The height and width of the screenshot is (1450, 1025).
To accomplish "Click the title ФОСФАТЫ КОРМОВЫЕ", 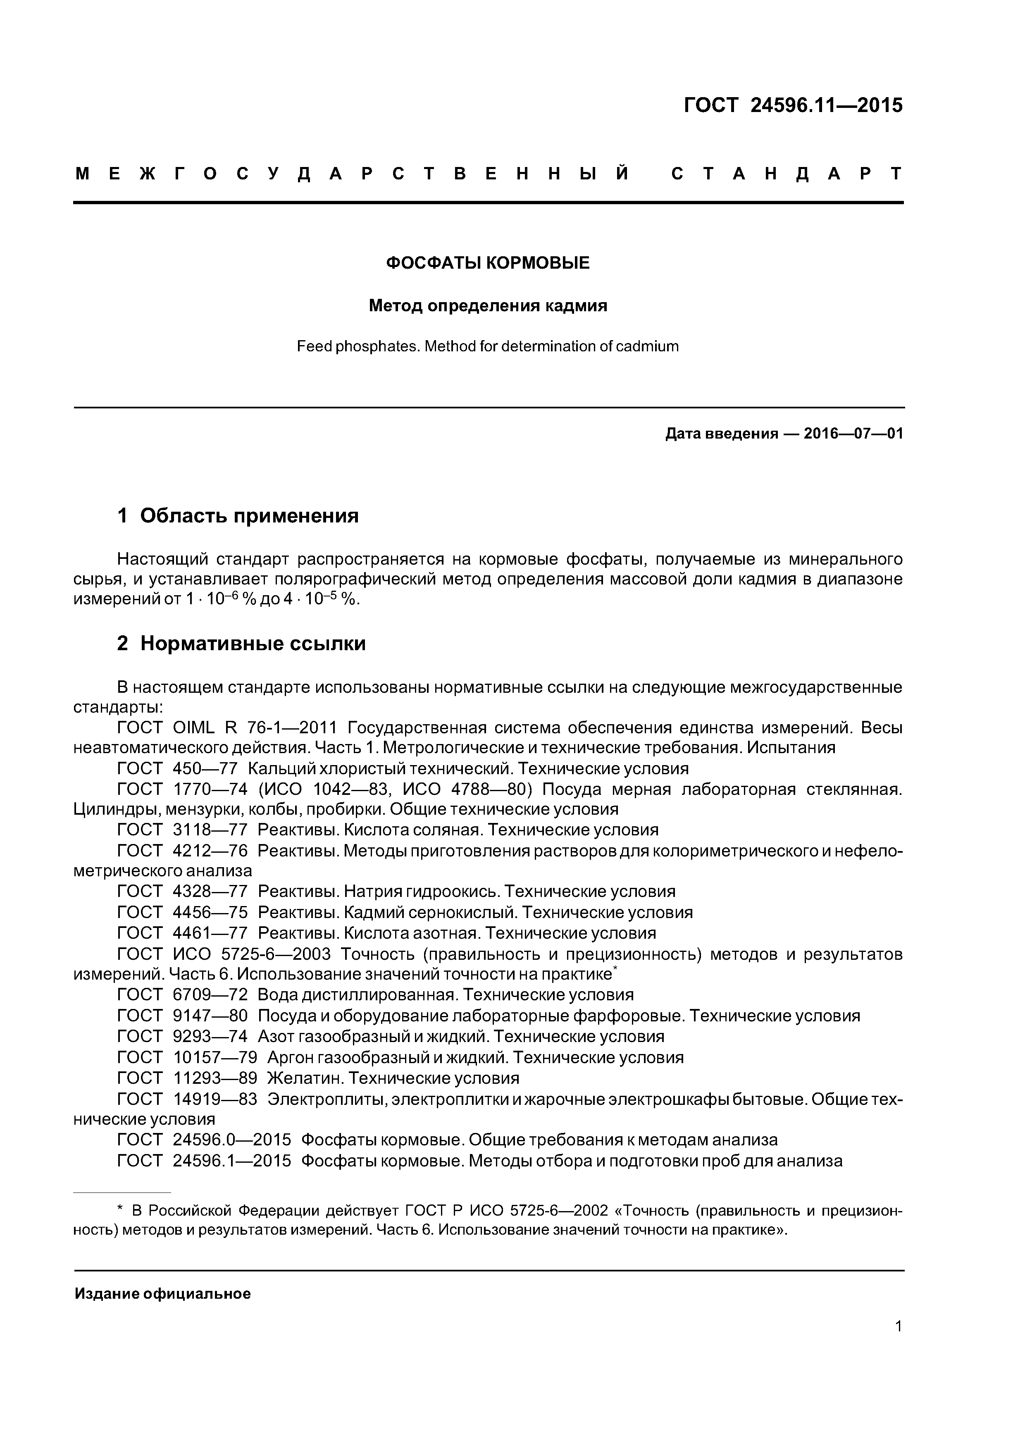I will pyautogui.click(x=488, y=263).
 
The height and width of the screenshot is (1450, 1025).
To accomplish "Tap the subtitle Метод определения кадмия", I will pyautogui.click(x=488, y=306).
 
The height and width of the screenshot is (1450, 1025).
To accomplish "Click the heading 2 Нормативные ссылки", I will pyautogui.click(x=241, y=644).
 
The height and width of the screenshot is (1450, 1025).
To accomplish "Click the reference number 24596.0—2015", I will pyautogui.click(x=231, y=1140).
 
